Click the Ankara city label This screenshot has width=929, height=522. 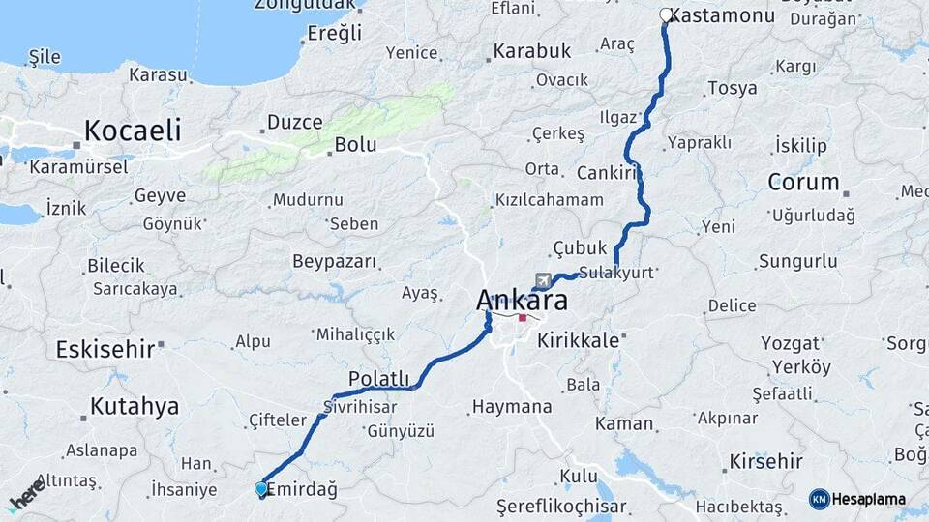(522, 301)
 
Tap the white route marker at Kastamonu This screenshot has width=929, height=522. (666, 14)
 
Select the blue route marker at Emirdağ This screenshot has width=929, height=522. (260, 489)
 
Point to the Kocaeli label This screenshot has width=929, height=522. (133, 130)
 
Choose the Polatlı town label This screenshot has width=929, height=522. (380, 378)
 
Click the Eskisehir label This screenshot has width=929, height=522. (105, 349)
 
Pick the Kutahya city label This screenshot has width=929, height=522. (135, 406)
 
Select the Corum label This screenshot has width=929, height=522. (803, 182)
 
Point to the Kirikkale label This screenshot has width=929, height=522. (578, 340)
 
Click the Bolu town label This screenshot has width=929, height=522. (355, 146)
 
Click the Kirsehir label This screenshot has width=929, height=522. (767, 461)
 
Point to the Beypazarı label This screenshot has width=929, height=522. (334, 262)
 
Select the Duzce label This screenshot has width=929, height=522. (294, 123)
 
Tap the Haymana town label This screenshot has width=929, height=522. (512, 408)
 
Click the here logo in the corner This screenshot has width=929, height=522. (26, 493)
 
